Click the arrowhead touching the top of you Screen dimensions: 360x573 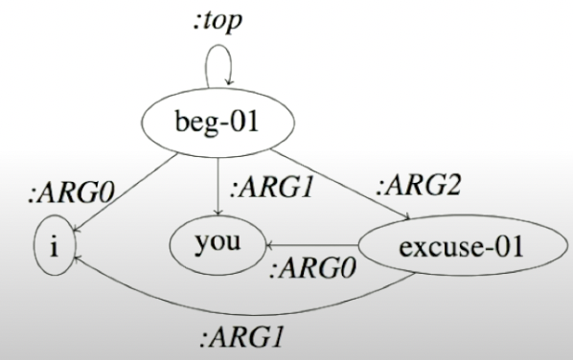[218, 216]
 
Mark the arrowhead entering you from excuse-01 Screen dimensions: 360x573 [271, 245]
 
